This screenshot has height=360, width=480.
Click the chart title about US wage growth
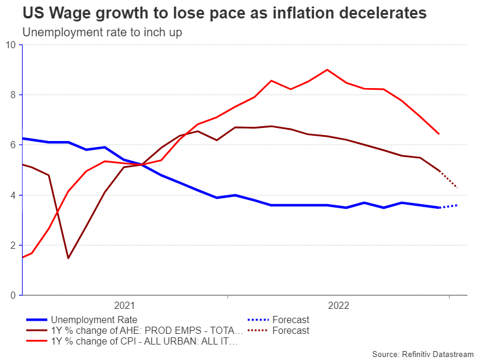click(225, 13)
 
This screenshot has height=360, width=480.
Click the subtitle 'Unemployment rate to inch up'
click(102, 32)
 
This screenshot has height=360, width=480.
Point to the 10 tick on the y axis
click(11, 45)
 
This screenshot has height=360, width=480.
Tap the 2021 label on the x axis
click(124, 305)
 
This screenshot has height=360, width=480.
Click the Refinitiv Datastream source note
click(423, 353)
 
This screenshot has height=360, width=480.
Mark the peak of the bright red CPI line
click(327, 70)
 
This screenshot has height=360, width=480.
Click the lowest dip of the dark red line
click(68, 258)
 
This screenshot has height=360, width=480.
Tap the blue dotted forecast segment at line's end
click(448, 206)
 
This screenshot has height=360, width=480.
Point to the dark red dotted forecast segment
click(449, 180)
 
